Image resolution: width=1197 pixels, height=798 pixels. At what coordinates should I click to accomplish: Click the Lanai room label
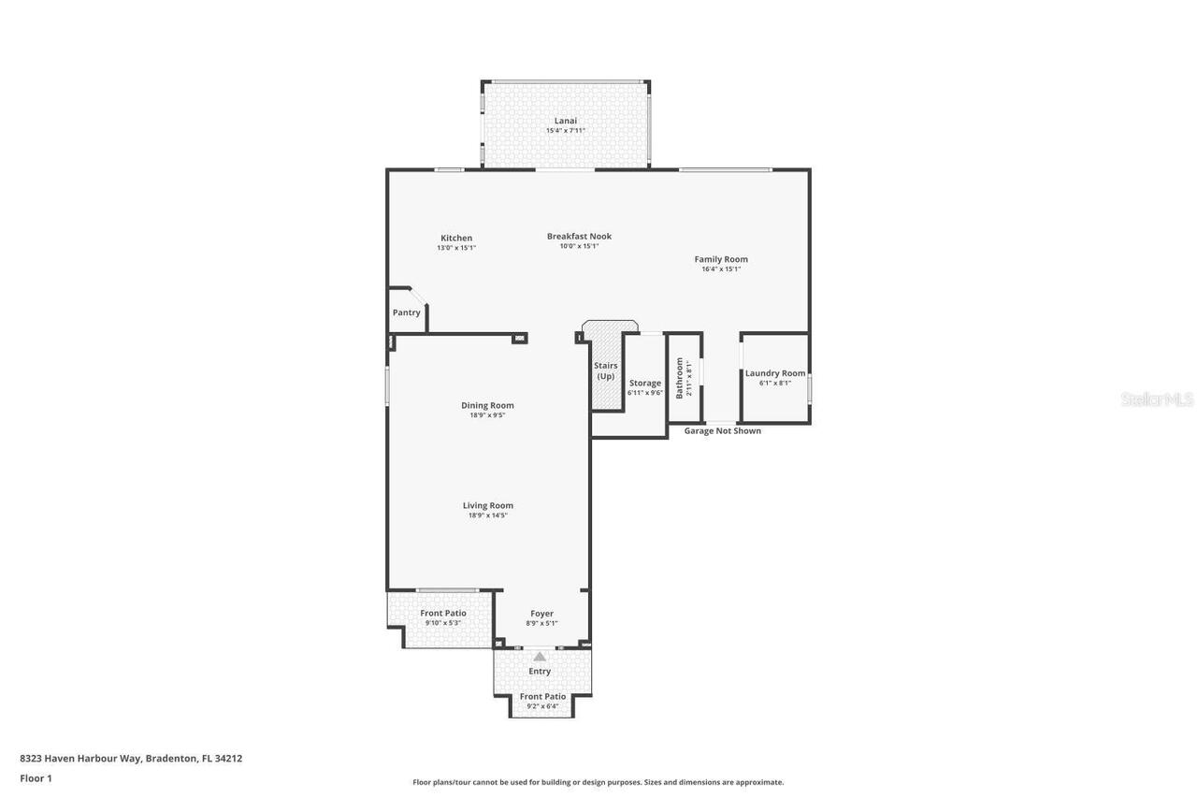click(x=565, y=121)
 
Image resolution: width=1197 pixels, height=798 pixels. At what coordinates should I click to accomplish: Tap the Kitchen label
click(x=456, y=238)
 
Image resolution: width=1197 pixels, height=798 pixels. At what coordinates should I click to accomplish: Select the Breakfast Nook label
click(x=579, y=237)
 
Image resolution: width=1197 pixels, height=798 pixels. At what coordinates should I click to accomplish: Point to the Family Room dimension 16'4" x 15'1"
click(x=721, y=269)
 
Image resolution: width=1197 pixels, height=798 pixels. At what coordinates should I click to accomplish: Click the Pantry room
click(x=406, y=312)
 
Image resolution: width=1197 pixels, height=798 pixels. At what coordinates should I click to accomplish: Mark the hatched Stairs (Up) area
click(x=606, y=371)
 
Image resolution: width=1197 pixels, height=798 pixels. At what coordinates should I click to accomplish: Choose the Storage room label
click(x=645, y=383)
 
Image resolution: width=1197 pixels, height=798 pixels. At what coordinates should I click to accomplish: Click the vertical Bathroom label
click(x=680, y=378)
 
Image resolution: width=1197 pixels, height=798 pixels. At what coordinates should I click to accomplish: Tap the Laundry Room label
click(x=774, y=373)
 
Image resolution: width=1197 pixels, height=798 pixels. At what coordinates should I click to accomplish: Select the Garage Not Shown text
click(x=722, y=431)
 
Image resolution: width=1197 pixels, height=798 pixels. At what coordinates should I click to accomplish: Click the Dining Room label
click(x=487, y=405)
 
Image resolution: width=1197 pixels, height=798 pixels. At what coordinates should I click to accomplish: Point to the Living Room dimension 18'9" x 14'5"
click(x=487, y=515)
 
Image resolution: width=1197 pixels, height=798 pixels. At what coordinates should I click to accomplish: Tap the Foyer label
click(x=541, y=614)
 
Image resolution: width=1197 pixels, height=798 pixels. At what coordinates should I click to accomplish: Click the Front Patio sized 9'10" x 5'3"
click(x=442, y=617)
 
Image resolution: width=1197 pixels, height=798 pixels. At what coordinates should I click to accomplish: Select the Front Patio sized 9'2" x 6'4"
click(x=542, y=701)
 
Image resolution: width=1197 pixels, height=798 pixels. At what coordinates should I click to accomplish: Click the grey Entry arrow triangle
click(x=540, y=657)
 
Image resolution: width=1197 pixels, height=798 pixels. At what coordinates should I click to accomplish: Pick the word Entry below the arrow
click(x=540, y=671)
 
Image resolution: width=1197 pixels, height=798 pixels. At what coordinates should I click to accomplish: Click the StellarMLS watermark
click(x=1157, y=399)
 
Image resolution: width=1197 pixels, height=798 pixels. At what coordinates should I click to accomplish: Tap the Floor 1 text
click(x=36, y=778)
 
